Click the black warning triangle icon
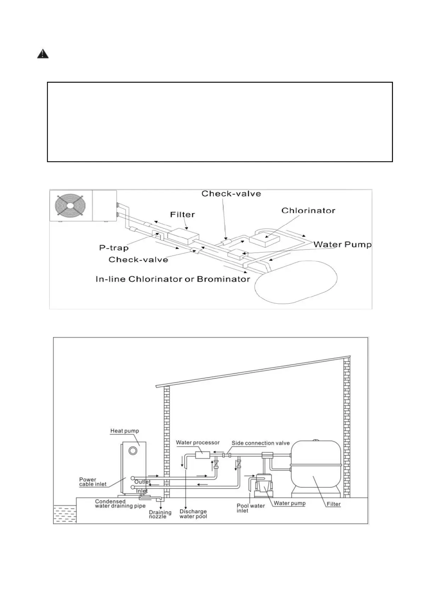pyautogui.click(x=43, y=54)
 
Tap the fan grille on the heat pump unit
pyautogui.click(x=70, y=205)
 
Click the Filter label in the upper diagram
pyautogui.click(x=182, y=214)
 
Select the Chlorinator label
pyautogui.click(x=308, y=211)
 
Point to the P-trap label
pyautogui.click(x=114, y=248)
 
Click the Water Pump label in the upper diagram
pyautogui.click(x=342, y=245)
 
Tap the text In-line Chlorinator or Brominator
pyautogui.click(x=173, y=279)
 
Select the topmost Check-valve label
pyautogui.click(x=231, y=194)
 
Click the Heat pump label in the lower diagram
pyautogui.click(x=124, y=431)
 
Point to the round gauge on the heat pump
pyautogui.click(x=133, y=451)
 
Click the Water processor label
pyautogui.click(x=198, y=442)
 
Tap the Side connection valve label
pyautogui.click(x=260, y=443)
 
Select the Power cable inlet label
pyautogui.click(x=92, y=482)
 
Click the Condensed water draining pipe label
pyautogui.click(x=120, y=504)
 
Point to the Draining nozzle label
pyautogui.click(x=160, y=514)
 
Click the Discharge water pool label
pyautogui.click(x=193, y=514)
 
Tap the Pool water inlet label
pyautogui.click(x=251, y=508)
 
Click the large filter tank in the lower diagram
pyautogui.click(x=315, y=464)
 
